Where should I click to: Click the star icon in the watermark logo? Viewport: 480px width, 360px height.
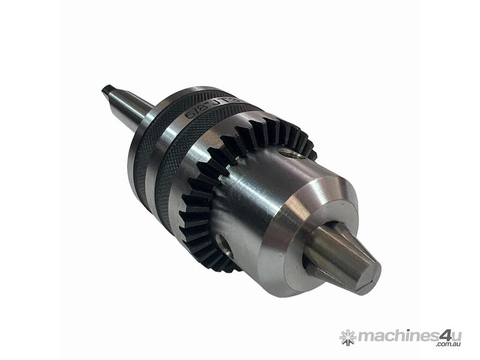[x=348, y=337]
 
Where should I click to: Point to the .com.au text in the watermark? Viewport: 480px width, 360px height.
[x=448, y=345]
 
